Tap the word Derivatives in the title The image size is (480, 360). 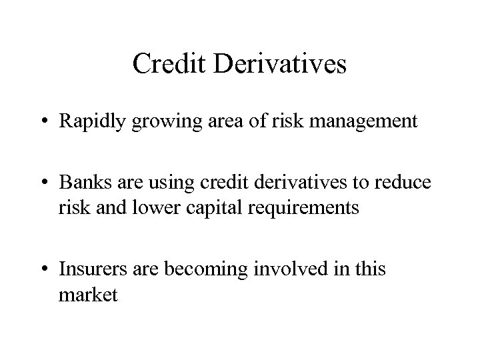coord(280,64)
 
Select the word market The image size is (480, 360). coord(88,294)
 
